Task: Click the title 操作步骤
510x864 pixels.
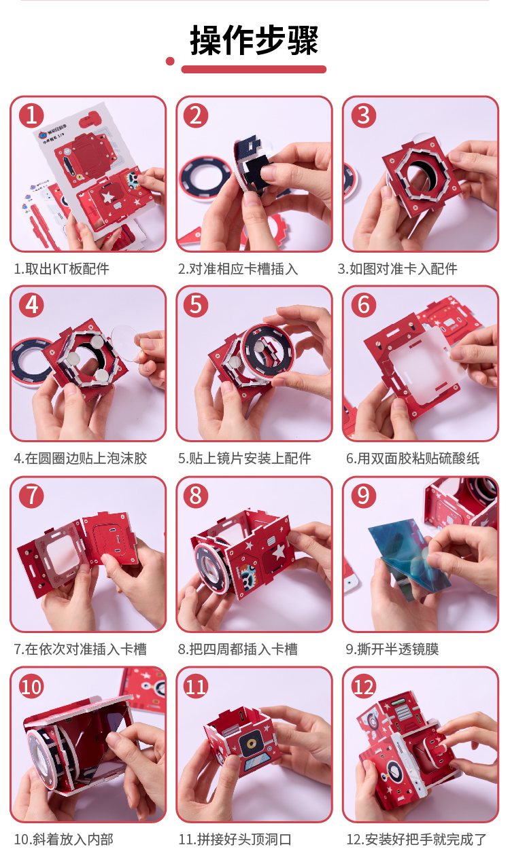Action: tap(254, 40)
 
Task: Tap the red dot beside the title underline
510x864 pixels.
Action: tap(170, 61)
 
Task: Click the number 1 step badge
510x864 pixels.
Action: tap(32, 115)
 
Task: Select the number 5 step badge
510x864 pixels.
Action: tap(196, 305)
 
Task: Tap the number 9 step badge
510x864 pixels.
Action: tap(363, 495)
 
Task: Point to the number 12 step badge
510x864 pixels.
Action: tap(363, 687)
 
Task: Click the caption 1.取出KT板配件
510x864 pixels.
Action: tap(62, 269)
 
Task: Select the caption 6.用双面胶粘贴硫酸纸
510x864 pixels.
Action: tap(413, 458)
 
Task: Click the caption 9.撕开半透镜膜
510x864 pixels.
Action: tap(392, 649)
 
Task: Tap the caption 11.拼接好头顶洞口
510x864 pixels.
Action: tap(235, 840)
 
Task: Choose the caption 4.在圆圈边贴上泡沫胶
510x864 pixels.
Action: tap(80, 458)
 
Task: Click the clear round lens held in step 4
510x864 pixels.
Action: tap(126, 343)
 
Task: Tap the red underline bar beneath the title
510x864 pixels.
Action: tap(254, 69)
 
